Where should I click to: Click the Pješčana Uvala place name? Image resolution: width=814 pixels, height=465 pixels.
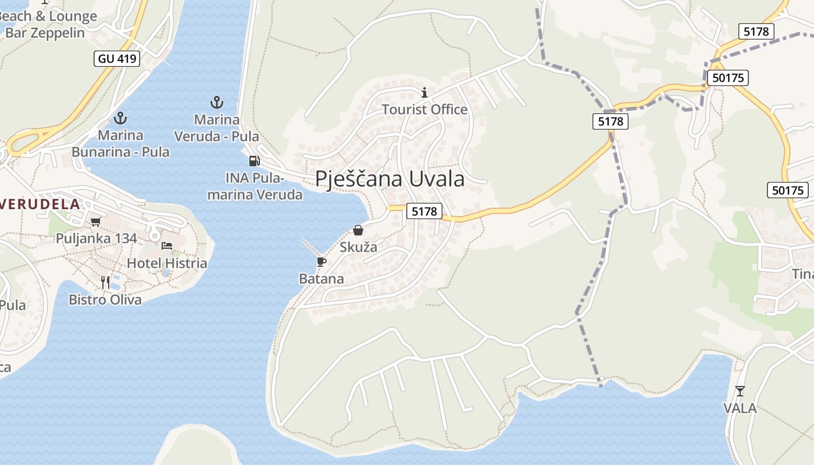click(x=390, y=179)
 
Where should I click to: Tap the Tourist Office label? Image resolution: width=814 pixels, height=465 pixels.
click(x=424, y=109)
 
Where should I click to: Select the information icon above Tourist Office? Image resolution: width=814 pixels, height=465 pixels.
click(x=424, y=92)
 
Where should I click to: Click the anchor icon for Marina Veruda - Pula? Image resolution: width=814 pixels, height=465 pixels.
click(x=217, y=103)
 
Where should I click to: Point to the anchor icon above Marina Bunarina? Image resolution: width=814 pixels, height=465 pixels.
click(x=120, y=118)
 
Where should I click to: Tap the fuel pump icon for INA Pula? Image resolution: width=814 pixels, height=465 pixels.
click(x=254, y=161)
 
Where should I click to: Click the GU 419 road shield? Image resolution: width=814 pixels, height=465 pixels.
click(x=116, y=58)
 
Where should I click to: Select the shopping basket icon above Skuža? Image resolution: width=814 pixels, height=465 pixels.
click(x=358, y=230)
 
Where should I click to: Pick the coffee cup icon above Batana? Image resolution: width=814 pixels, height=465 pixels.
click(x=321, y=262)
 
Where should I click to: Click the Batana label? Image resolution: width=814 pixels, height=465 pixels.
click(x=321, y=279)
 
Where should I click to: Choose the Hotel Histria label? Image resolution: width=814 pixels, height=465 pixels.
click(x=167, y=263)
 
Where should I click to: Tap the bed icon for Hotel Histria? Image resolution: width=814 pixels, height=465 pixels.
click(x=167, y=246)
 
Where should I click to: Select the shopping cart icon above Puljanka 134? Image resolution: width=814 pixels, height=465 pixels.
click(x=96, y=221)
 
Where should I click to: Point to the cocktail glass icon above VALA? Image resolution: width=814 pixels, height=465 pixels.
click(x=740, y=391)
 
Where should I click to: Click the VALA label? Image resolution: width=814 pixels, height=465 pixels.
click(x=740, y=408)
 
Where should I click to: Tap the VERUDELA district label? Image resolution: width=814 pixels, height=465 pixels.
click(x=41, y=204)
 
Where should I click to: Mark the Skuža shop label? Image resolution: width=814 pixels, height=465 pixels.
click(x=358, y=247)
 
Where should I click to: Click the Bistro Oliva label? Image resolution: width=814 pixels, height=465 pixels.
click(x=105, y=300)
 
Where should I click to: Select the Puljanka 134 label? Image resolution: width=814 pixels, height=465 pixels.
click(x=97, y=238)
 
